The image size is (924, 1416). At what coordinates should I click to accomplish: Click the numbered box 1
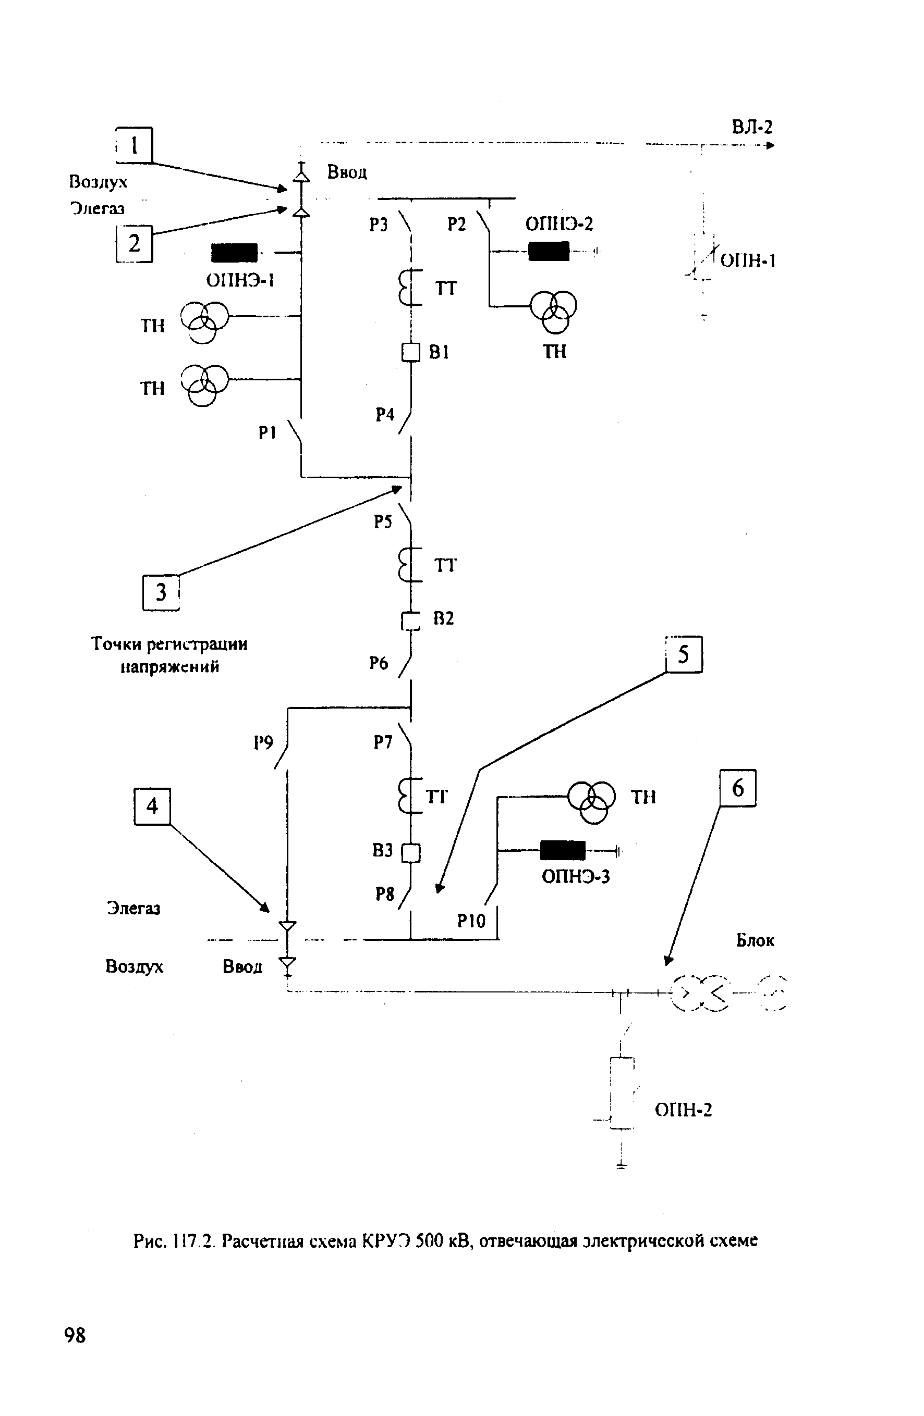134,145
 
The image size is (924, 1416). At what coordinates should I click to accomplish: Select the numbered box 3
161,592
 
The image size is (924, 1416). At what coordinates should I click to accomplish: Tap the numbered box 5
684,654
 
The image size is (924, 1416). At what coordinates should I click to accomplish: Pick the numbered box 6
738,788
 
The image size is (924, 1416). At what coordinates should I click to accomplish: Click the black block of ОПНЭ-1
234,253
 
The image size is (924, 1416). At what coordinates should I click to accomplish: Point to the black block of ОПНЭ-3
563,850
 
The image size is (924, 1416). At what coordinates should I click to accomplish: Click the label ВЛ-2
751,127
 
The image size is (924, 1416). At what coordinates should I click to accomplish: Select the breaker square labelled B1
411,353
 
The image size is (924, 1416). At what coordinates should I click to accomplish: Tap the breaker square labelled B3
411,853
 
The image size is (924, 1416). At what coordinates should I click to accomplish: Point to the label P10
471,921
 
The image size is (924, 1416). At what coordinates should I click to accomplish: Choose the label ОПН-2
683,1110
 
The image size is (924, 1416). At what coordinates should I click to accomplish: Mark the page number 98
75,1335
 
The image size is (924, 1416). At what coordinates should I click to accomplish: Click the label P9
263,742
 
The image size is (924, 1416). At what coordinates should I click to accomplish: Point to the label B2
444,618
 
